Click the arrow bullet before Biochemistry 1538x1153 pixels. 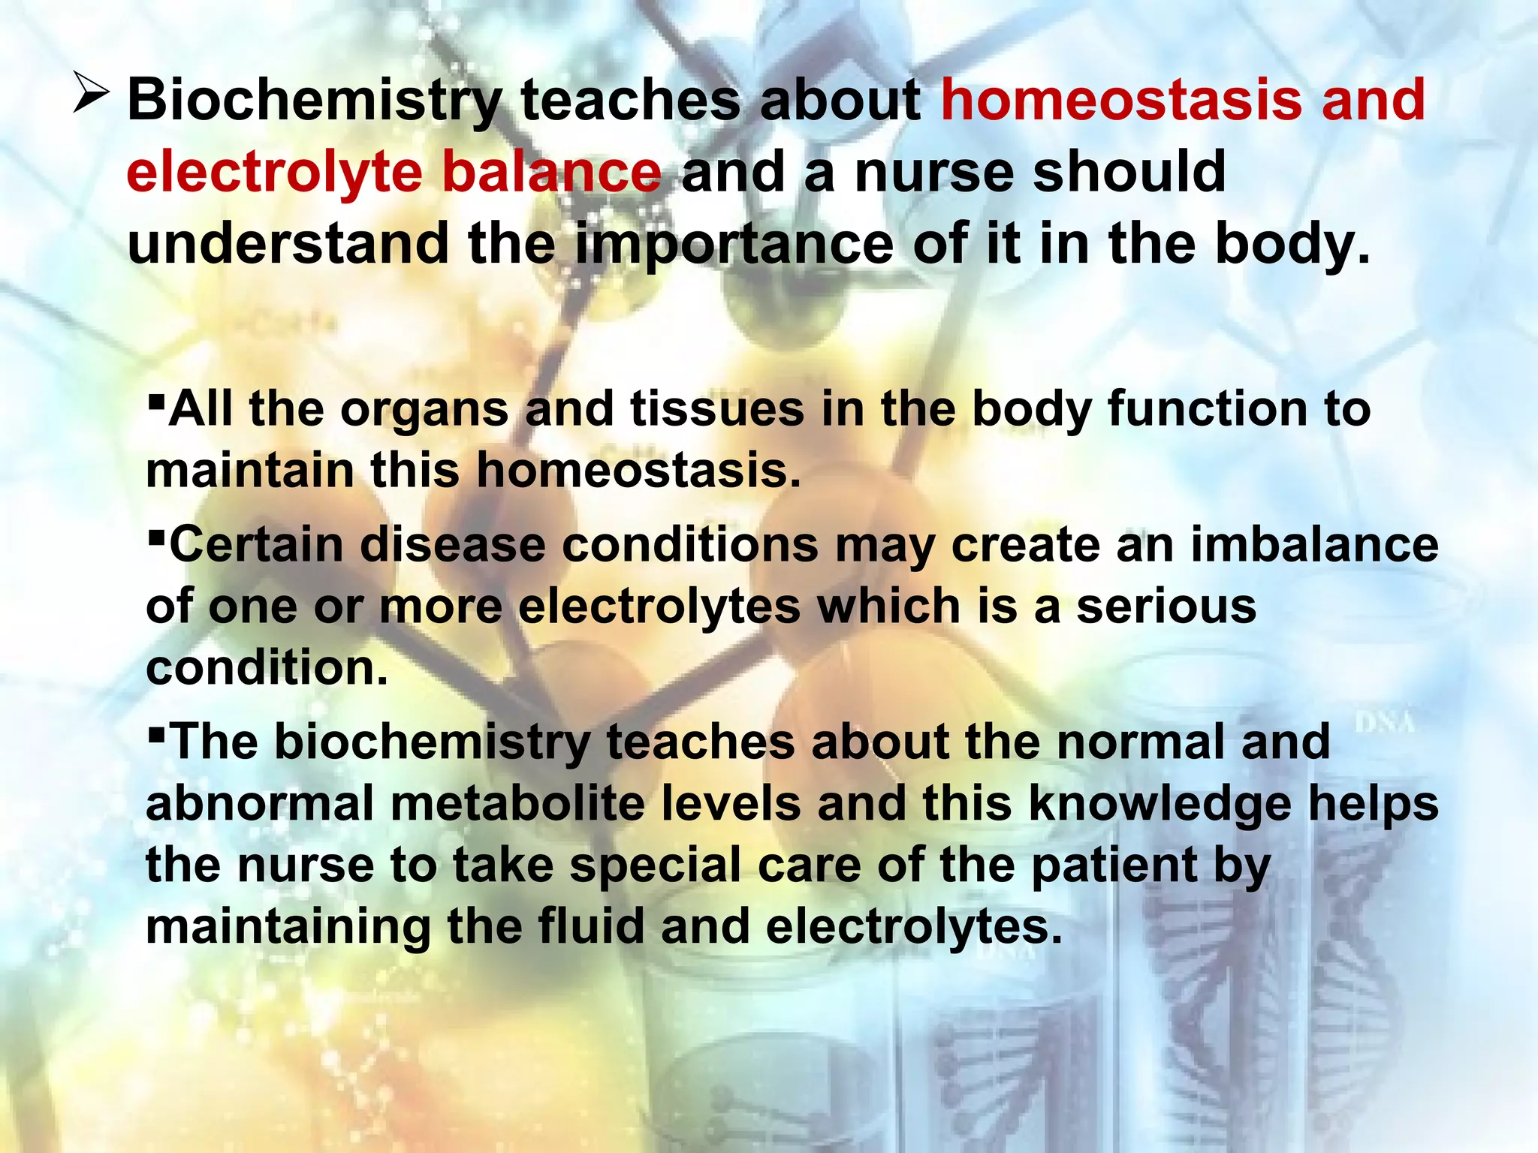pyautogui.click(x=92, y=98)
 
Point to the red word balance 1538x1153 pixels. pyautogui.click(x=551, y=173)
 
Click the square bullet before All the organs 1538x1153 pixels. pyautogui.click(x=156, y=396)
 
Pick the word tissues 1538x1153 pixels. pyautogui.click(x=716, y=410)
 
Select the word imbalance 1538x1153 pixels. pyautogui.click(x=1314, y=545)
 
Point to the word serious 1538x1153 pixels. pyautogui.click(x=1166, y=607)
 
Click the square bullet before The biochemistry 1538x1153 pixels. pyautogui.click(x=156, y=730)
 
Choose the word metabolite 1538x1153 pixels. pyautogui.click(x=517, y=804)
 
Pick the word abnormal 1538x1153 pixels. pyautogui.click(x=259, y=804)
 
